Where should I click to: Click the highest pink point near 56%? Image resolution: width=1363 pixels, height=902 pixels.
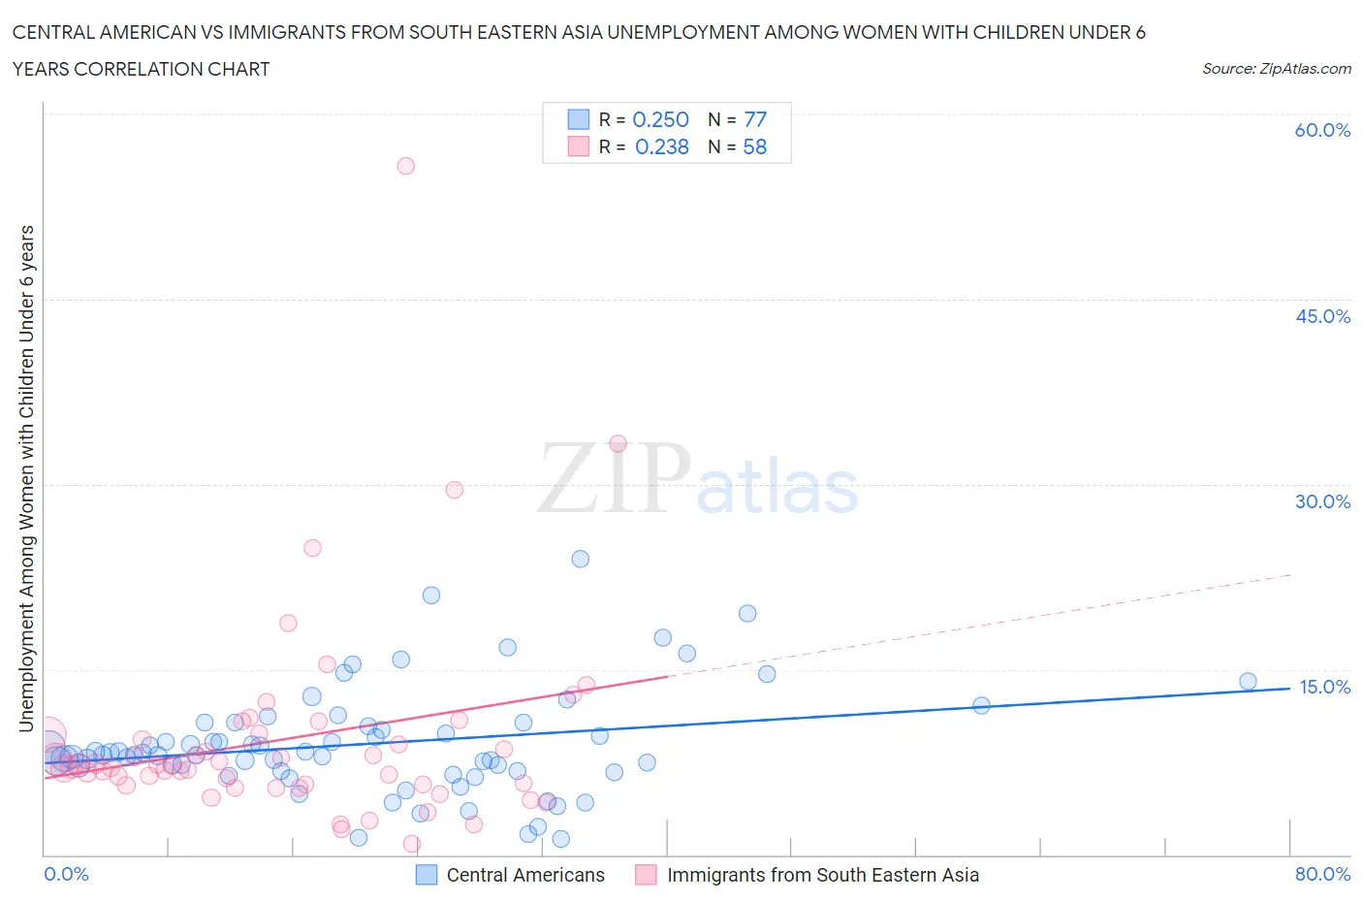pos(406,166)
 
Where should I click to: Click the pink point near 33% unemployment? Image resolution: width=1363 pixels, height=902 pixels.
pos(618,443)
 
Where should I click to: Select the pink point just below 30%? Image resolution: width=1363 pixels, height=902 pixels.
pos(454,490)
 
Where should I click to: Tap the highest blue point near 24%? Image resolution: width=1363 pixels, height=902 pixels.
pos(580,559)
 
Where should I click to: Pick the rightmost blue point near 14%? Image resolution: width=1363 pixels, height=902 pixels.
pos(1248,682)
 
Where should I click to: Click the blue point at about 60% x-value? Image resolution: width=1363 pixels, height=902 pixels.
pos(981,705)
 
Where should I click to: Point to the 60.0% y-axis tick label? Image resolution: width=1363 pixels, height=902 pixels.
pos(1322,130)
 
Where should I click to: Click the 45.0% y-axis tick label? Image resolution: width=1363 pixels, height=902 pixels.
pos(1322,316)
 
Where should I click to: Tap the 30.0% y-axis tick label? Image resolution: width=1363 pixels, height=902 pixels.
pos(1322,501)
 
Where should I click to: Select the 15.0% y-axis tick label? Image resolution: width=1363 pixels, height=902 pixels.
pos(1322,687)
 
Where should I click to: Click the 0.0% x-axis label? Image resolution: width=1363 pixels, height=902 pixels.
pos(66,874)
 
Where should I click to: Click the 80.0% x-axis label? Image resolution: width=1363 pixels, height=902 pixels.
pos(1322,874)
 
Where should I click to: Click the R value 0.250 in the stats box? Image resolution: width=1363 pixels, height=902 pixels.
pos(660,119)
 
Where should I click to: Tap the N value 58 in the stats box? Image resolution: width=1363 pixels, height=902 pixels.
pos(754,146)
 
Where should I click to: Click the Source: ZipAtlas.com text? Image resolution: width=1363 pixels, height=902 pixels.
pos(1276,68)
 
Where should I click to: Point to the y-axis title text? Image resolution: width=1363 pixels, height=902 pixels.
pos(26,478)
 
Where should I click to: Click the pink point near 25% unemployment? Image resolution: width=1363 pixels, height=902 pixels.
pos(312,548)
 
